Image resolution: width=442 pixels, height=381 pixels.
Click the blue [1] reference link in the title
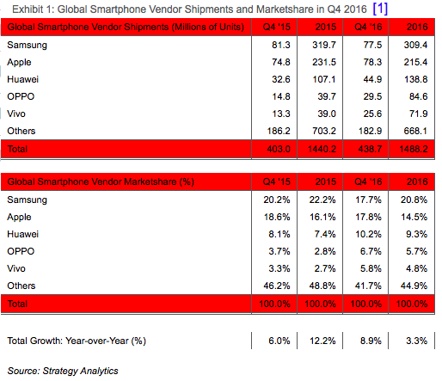coord(380,9)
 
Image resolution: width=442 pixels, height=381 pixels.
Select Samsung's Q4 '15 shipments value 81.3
coord(281,45)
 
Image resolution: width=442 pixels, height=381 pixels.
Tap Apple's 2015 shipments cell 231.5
coord(324,62)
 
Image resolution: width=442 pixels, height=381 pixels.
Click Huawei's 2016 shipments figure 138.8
coord(415,79)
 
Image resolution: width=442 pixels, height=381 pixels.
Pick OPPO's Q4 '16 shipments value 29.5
coord(372,96)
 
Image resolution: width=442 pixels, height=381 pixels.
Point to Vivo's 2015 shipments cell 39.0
coord(327,114)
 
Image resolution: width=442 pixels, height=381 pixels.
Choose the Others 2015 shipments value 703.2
coord(324,131)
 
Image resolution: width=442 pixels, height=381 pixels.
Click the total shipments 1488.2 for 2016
coord(414,149)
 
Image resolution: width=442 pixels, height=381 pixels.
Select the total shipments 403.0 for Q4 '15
coord(279,149)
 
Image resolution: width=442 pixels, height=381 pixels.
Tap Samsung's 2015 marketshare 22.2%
coord(322,200)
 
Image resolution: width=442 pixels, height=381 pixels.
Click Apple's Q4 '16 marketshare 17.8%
coord(368,217)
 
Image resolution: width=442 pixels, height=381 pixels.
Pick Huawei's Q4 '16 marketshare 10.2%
coord(368,234)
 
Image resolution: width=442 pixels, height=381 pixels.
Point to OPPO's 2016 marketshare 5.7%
coord(416,251)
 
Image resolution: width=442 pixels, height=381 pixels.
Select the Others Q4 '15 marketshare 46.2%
coord(277,286)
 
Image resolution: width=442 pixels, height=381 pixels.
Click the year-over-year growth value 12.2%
coord(322,341)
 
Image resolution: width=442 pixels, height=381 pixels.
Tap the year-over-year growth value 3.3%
coord(416,341)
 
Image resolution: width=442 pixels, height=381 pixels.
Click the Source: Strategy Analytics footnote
coord(63,371)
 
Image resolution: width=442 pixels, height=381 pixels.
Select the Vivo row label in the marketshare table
coord(16,268)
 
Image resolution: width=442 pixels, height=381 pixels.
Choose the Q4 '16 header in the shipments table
coord(368,27)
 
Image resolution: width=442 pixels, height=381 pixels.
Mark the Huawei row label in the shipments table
coord(22,79)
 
